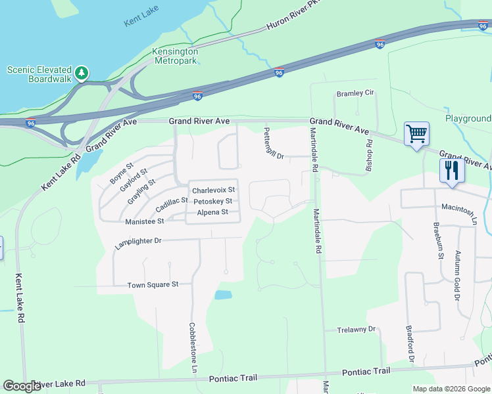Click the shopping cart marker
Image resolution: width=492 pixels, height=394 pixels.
416,135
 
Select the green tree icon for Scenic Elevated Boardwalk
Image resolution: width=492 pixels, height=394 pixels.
82,72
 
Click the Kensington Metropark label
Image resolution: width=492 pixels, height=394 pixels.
175,56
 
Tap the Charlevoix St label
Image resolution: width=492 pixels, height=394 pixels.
213,190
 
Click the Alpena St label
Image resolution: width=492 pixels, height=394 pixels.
212,212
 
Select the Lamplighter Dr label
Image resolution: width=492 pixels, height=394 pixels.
138,241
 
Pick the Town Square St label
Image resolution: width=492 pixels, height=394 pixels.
153,284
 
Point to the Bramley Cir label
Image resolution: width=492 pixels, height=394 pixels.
355,93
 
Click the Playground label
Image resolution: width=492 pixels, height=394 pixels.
468,119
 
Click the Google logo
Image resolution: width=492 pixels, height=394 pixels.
22,386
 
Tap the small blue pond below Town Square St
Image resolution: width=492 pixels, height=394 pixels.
224,295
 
